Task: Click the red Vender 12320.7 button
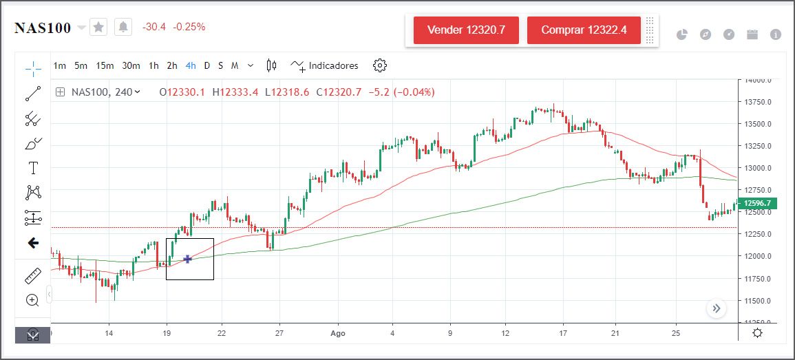pos(466,30)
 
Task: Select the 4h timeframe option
pos(191,66)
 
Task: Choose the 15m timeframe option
pos(105,66)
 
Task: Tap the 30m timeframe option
pos(131,66)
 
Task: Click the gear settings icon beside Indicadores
pos(380,66)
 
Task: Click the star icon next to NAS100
pos(99,28)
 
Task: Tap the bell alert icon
pos(123,28)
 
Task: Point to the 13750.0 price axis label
pos(757,103)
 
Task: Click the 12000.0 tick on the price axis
pos(757,257)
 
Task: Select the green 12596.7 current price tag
pos(756,203)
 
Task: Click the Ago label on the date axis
pos(337,333)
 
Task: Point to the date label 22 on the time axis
pos(222,333)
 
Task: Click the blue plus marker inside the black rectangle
pos(187,259)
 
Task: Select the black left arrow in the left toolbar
pos(33,243)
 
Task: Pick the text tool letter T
pos(33,168)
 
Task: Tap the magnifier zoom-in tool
pos(32,300)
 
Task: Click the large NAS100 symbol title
pos(43,28)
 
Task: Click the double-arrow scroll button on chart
pos(717,308)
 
